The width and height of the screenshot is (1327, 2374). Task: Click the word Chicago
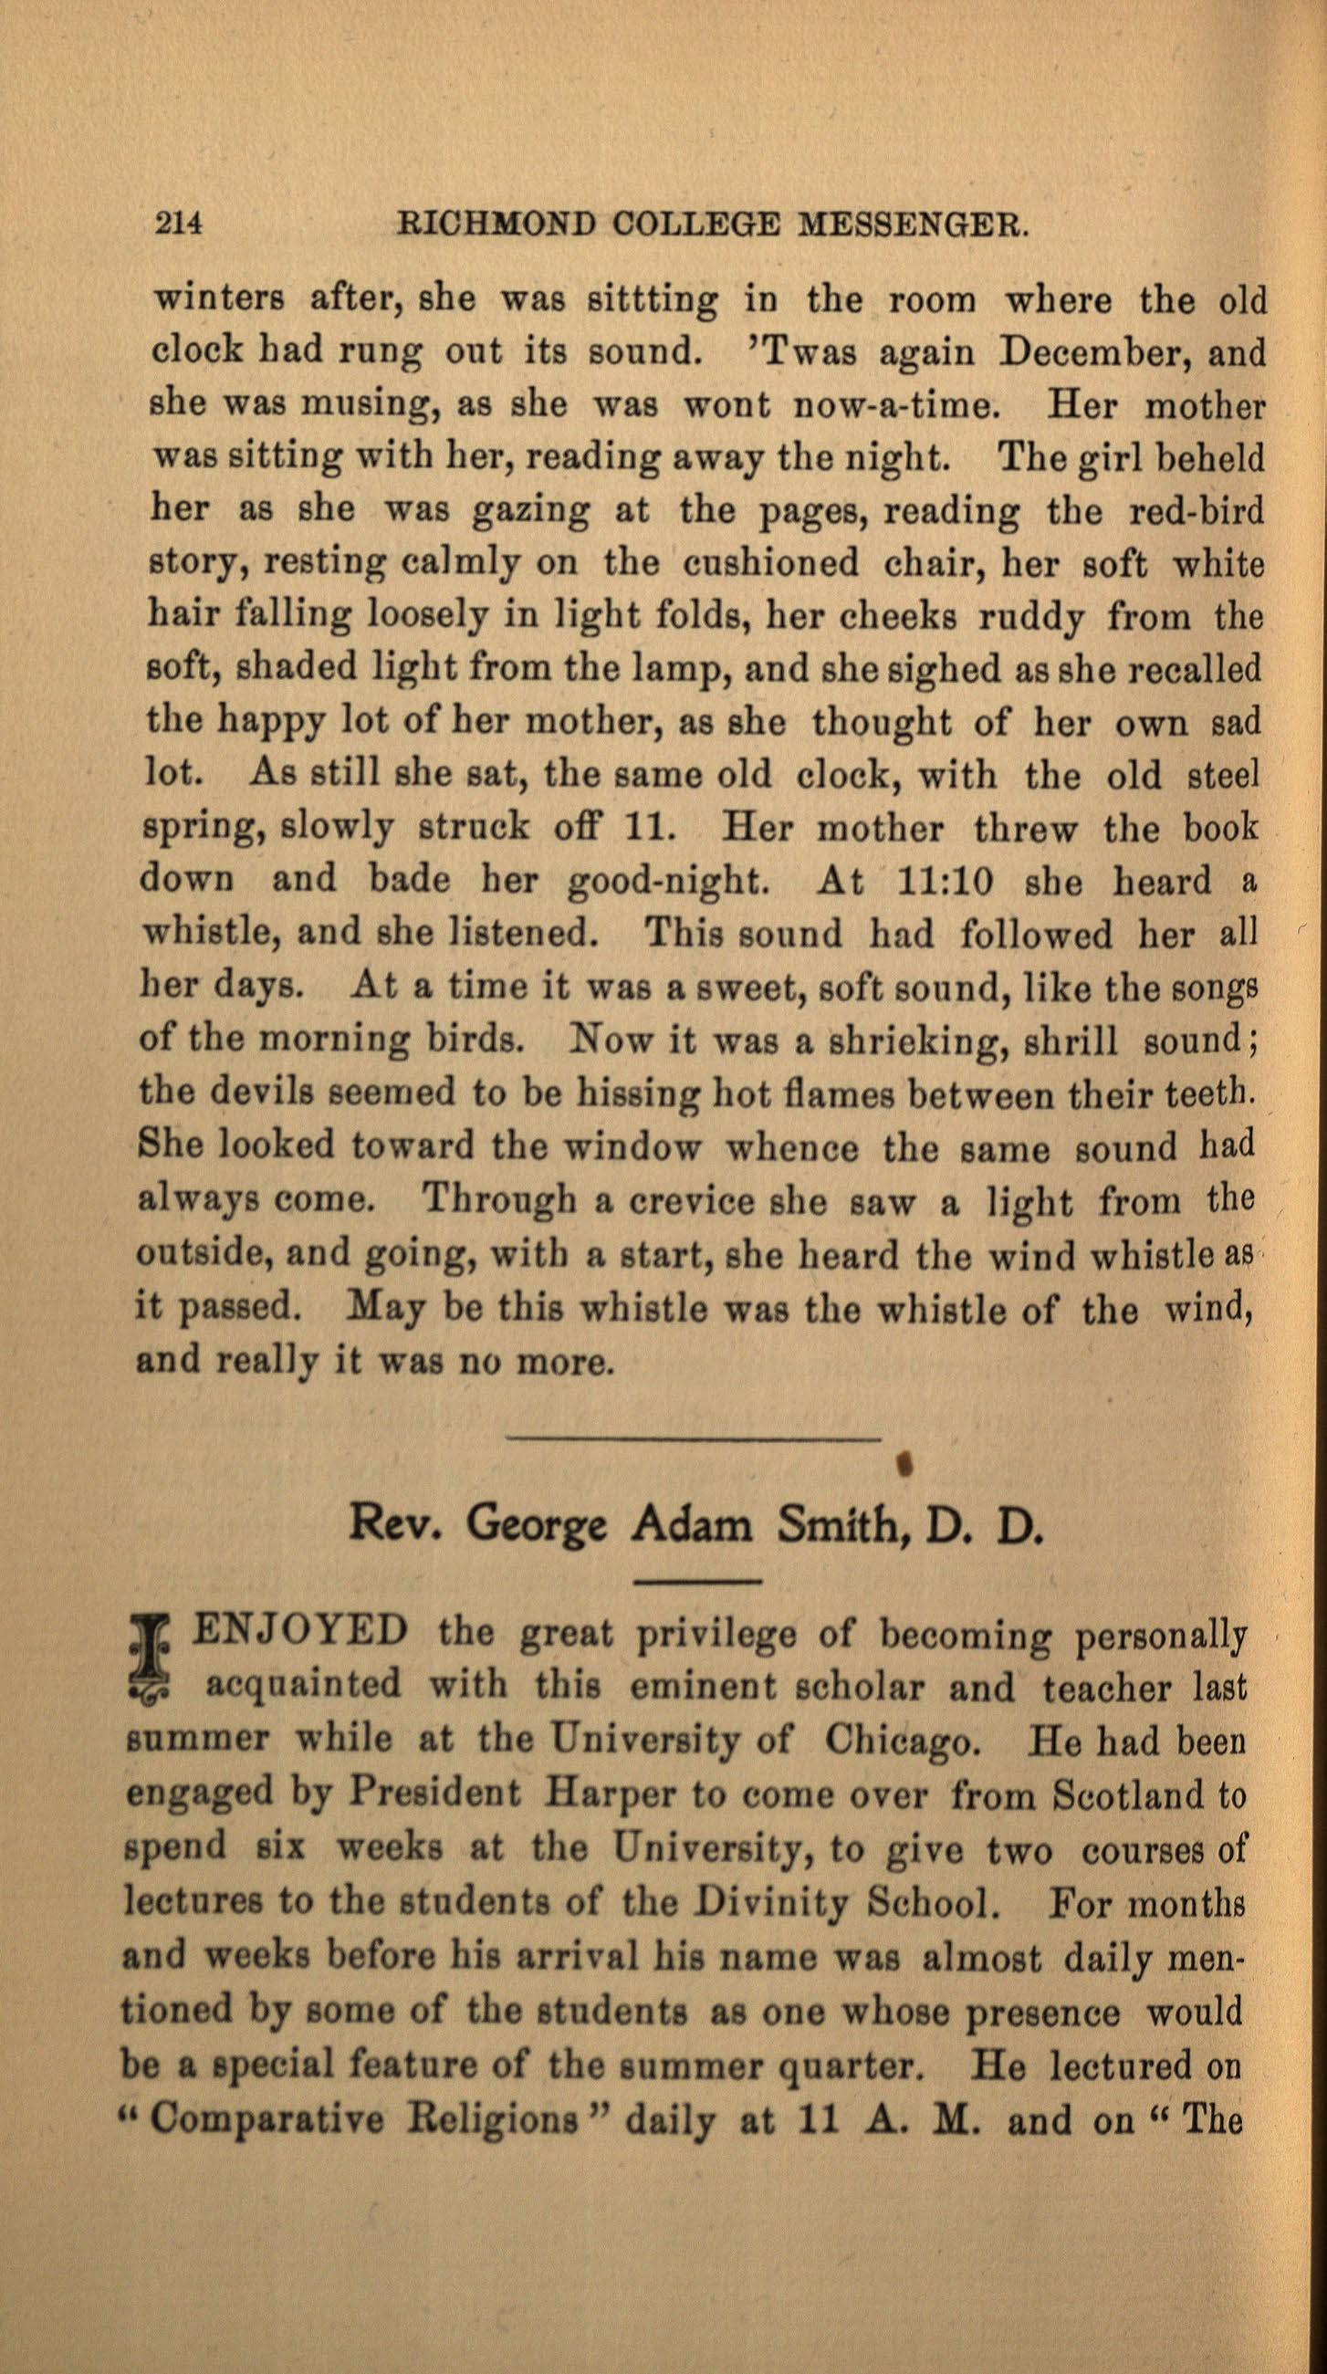tap(897, 1739)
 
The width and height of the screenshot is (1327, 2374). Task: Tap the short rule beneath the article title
tap(697, 1582)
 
